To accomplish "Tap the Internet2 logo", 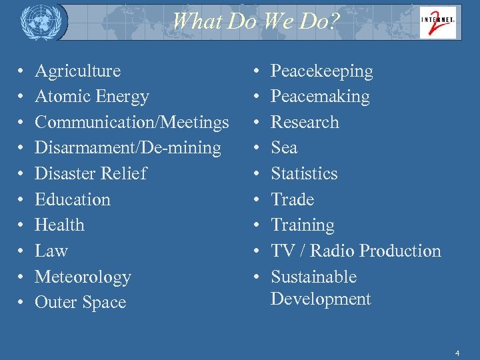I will click(437, 21).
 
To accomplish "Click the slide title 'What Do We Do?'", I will click(256, 21).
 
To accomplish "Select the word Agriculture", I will click(77, 71).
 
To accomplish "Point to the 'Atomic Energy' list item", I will click(92, 97).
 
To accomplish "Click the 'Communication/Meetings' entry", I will click(131, 122).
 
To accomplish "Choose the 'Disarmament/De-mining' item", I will click(127, 148).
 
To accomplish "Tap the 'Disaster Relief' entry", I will click(90, 173).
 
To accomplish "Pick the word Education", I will click(72, 199).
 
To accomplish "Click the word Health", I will click(59, 225).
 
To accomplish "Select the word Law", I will click(51, 251).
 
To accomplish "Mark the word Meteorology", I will click(83, 277).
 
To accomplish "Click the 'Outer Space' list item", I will click(80, 303).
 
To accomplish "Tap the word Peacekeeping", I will click(322, 71).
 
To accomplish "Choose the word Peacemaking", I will click(320, 97).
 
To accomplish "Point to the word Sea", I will click(284, 148).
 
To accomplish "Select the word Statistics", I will click(304, 173).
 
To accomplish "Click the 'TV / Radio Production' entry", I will click(356, 251).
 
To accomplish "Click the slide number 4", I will click(457, 352).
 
